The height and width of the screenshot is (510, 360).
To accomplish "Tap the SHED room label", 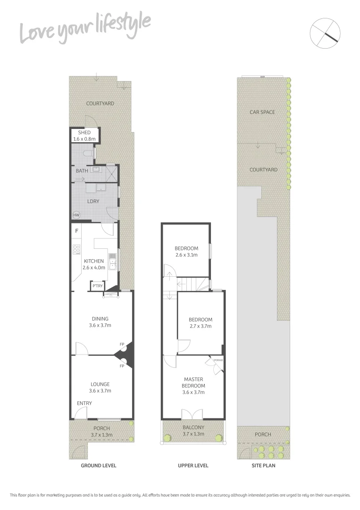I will coord(84,133).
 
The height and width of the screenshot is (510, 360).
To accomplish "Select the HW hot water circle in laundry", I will coord(76,215).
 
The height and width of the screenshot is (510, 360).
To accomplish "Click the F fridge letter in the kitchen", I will coord(76,231).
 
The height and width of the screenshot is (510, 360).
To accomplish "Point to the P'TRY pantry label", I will coord(98,286).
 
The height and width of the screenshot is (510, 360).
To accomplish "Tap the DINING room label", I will coord(100,319).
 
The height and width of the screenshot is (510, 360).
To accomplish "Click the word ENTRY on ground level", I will coord(85,403).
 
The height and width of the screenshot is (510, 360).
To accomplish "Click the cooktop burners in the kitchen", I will coord(76,249).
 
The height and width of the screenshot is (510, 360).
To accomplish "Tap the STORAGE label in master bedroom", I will coord(218,360).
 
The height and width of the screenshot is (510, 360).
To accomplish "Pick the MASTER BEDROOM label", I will coord(193,382).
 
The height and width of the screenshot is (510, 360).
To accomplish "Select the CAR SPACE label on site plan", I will coord(262,112).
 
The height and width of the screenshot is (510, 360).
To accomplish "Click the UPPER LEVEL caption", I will coord(193,466).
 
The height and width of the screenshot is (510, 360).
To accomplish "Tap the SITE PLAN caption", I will coord(263,466).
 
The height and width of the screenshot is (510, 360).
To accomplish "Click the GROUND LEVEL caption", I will coord(99,466).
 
